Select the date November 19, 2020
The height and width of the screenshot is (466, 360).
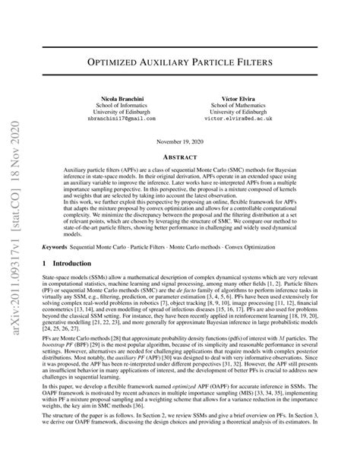pos(181,142)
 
